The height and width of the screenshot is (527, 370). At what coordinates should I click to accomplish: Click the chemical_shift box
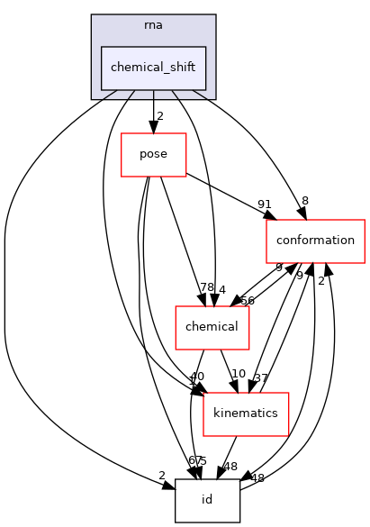click(154, 68)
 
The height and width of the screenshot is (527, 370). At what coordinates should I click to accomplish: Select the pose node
click(153, 155)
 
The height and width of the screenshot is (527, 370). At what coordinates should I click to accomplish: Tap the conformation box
click(315, 241)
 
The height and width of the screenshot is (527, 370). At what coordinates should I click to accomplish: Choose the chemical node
click(211, 327)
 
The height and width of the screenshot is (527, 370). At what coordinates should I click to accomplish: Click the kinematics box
click(246, 413)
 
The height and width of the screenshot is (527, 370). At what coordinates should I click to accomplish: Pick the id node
click(207, 500)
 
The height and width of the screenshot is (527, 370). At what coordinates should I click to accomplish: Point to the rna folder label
click(153, 24)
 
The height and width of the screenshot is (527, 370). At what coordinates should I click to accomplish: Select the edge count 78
click(208, 287)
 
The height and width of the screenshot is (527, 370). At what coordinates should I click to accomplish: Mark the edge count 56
click(247, 301)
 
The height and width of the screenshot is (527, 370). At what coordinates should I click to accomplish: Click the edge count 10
click(239, 374)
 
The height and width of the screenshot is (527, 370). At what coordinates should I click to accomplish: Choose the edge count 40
click(197, 377)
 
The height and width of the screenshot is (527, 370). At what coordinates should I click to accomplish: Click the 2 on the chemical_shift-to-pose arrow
click(160, 115)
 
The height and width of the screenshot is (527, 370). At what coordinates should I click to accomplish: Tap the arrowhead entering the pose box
click(153, 128)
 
